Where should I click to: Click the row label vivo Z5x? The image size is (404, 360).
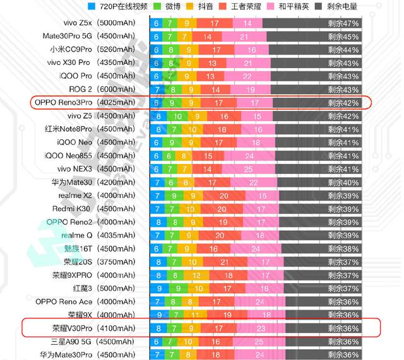74,23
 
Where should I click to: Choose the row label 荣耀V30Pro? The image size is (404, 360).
71,328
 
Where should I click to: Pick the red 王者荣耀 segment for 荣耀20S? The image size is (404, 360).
223,262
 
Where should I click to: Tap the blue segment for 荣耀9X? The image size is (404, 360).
158,315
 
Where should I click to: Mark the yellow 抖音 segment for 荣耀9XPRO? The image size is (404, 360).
198,275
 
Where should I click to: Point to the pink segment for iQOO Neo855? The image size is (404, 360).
249,156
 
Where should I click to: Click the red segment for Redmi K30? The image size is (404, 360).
223,209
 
